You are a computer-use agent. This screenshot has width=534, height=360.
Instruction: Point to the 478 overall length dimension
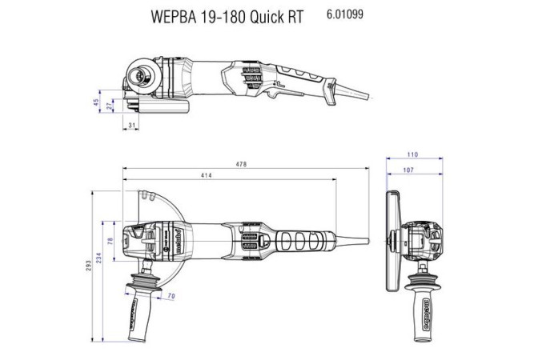242,165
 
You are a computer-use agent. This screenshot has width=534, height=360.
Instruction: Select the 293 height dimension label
90,266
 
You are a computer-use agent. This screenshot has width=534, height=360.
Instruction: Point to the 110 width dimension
412,154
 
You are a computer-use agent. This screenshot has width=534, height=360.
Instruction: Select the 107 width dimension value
410,170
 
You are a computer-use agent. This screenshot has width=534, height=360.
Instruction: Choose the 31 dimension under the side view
132,126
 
